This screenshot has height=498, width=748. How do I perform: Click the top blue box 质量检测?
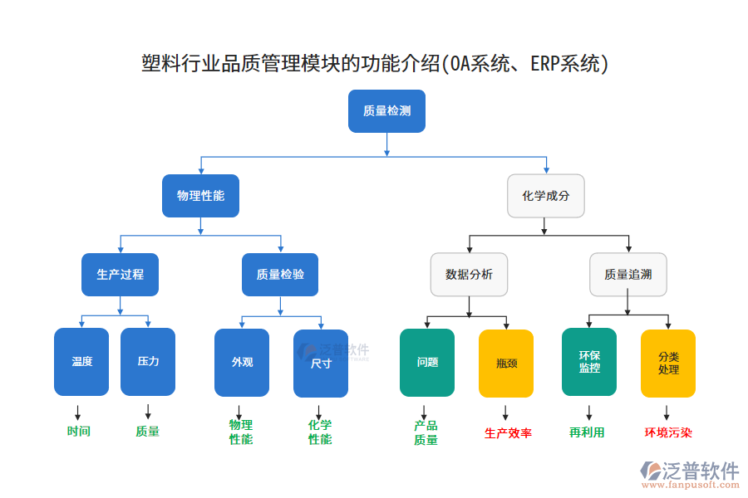[386, 111]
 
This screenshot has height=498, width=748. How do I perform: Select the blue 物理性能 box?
[200, 196]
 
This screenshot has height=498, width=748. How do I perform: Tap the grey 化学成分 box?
[545, 196]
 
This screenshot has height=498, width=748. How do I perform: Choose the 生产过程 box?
[121, 275]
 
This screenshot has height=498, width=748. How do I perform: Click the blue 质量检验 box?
[280, 275]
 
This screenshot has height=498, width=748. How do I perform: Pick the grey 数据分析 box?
[469, 275]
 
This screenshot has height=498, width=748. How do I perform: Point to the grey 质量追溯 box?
[627, 275]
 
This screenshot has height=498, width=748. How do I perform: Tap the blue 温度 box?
[81, 362]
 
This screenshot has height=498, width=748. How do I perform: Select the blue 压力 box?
[148, 362]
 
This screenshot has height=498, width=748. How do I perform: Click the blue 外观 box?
[242, 362]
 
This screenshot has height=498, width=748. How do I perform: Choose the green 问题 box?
[427, 363]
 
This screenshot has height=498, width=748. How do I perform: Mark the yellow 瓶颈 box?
[506, 363]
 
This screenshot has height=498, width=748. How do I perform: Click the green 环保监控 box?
[589, 362]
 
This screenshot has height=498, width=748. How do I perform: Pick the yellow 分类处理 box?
[668, 363]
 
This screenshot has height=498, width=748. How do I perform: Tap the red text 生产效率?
[508, 433]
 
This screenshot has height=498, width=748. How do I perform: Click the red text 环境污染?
[668, 432]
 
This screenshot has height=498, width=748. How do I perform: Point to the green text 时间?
[79, 432]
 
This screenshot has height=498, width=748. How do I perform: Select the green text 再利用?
[587, 432]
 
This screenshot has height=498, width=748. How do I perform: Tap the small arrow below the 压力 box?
[148, 412]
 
